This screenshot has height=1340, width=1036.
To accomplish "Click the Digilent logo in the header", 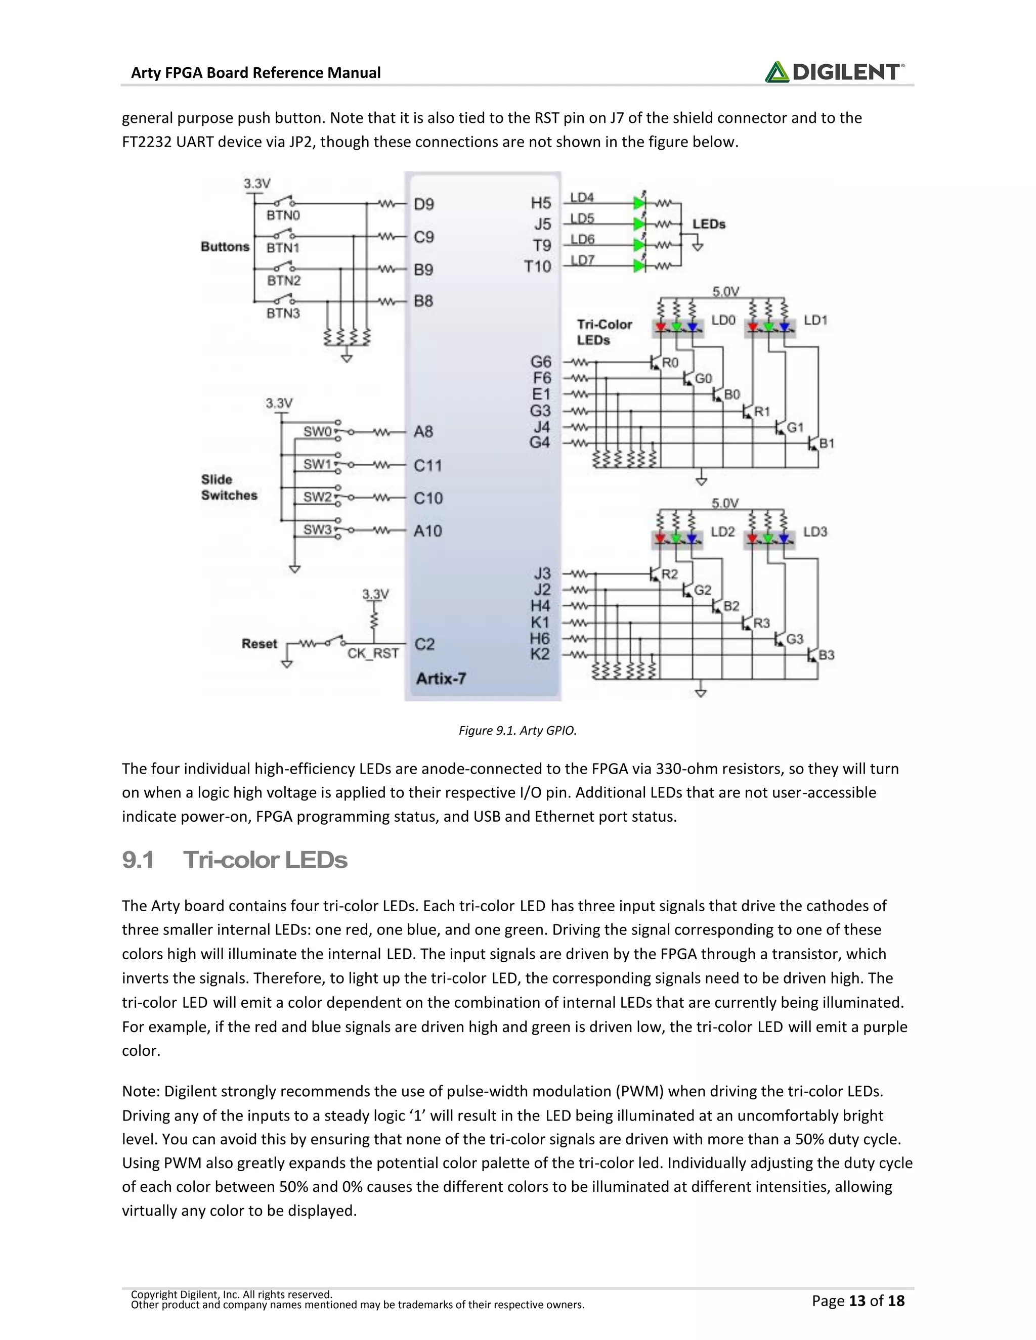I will tap(834, 72).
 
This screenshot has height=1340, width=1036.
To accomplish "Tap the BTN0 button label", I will tap(283, 215).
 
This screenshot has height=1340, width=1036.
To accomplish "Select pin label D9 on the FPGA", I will tap(423, 204).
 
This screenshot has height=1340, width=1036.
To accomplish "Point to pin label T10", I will tap(537, 266).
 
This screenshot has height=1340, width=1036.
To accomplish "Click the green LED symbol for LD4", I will tap(639, 202).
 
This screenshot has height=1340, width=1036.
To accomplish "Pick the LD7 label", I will tap(582, 260).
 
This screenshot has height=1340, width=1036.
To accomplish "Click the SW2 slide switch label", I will tap(317, 497).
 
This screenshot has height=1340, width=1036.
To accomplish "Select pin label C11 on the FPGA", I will tap(428, 465).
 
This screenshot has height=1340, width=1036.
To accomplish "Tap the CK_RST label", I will tap(373, 653).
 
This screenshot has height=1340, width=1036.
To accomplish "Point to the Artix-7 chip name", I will tap(441, 678).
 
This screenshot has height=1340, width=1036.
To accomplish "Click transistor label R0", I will tap(670, 363).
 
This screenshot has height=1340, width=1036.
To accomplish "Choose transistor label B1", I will tap(827, 443).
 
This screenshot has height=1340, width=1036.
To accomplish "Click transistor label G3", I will tap(795, 639).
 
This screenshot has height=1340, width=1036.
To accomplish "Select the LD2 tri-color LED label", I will tap(722, 531).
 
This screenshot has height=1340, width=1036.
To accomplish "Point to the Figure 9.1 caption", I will tap(517, 730).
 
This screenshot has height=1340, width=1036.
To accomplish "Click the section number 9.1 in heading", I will tap(138, 860).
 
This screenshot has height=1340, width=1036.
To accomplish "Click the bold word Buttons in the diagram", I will tap(225, 247).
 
